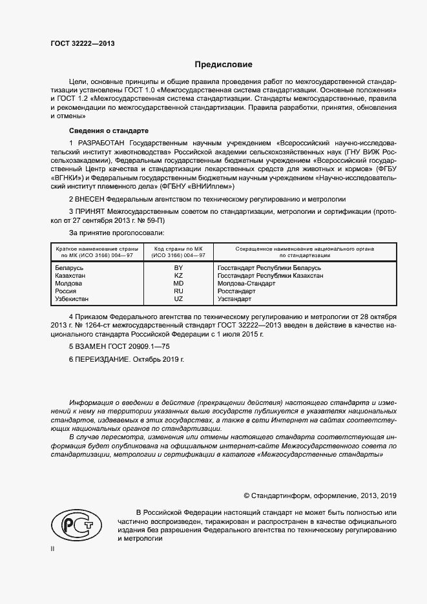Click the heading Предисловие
tap(224, 65)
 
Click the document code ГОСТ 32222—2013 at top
tap(82, 43)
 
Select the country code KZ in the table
tap(178, 275)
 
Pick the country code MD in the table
tap(178, 283)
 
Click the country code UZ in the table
tap(178, 298)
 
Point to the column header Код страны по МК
tap(178, 249)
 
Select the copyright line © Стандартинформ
tap(319, 495)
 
